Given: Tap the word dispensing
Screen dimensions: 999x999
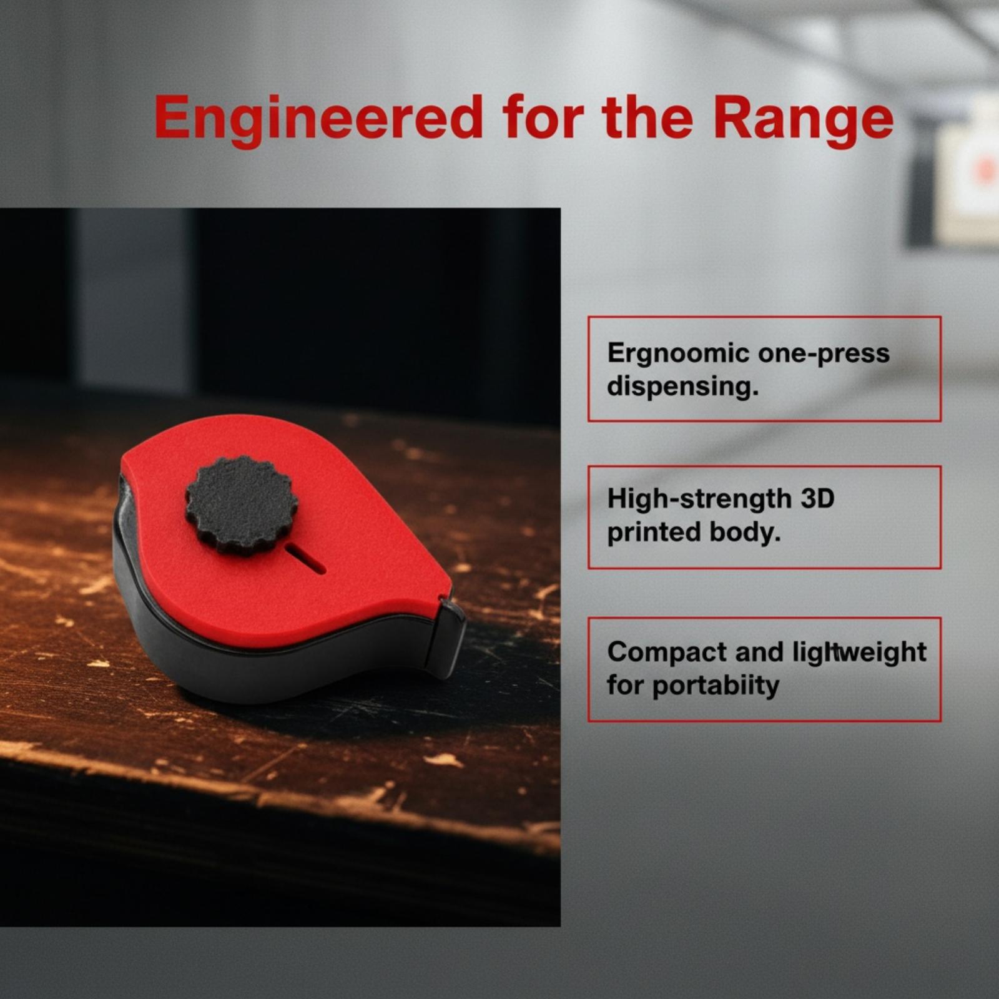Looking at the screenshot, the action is tap(682, 387).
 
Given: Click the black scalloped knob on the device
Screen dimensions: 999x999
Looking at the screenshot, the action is tap(242, 505).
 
